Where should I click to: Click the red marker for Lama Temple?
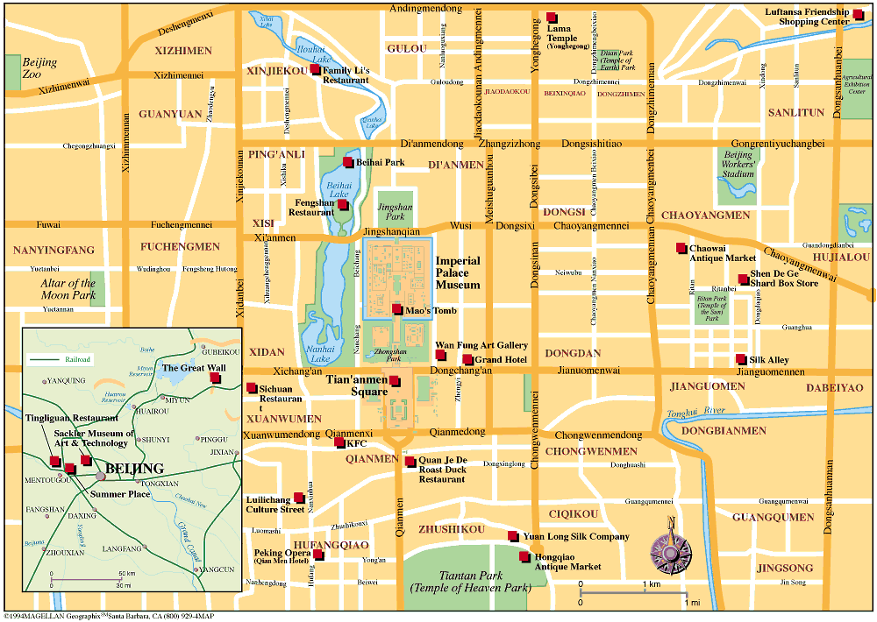point(552,18)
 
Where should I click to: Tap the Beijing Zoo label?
point(39,68)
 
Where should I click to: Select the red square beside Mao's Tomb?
point(398,310)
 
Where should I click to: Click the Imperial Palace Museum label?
point(458,272)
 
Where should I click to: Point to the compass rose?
point(670,550)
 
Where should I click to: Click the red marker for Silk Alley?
point(741,359)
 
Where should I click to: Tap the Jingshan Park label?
point(395,211)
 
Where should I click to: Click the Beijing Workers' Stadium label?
point(738,164)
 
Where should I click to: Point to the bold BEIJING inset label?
point(134,468)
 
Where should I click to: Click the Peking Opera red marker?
point(318,554)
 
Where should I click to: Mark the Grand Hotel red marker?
point(467,360)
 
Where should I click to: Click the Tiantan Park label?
point(470,581)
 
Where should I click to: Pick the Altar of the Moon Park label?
point(68,289)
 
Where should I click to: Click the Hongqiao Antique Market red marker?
point(524,556)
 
